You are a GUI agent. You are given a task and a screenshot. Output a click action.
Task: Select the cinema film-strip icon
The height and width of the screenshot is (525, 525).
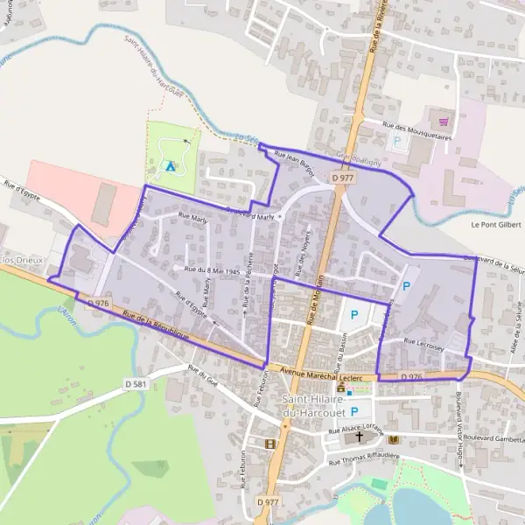tap(270, 444)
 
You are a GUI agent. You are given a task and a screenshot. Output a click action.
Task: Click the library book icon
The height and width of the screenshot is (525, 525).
tap(393, 438)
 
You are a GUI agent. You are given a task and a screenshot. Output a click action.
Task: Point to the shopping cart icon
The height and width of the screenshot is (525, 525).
tap(444, 122)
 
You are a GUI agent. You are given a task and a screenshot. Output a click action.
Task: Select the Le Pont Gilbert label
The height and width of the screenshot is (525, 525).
tap(494, 223)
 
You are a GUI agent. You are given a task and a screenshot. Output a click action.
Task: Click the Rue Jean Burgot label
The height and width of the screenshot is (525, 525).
tap(294, 159)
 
